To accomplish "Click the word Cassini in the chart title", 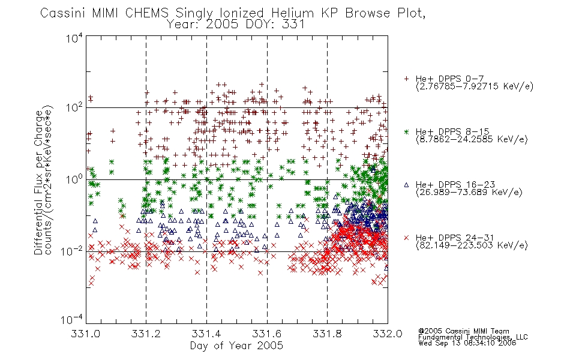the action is (x=62, y=13).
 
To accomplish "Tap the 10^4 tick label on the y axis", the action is (x=74, y=38).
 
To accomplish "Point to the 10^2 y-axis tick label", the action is (x=74, y=108).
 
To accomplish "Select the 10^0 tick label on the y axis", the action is (x=74, y=179).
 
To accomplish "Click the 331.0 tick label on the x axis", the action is (x=86, y=334).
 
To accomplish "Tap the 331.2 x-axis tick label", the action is (x=146, y=334).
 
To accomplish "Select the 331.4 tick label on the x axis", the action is (x=206, y=334).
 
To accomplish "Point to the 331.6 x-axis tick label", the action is (x=267, y=334).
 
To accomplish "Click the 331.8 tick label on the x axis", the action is (x=327, y=334).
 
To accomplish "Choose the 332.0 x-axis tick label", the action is (x=388, y=334).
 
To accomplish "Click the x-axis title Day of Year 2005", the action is (x=236, y=346).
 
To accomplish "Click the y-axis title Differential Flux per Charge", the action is (x=38, y=182).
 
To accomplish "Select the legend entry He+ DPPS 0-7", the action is (x=449, y=79).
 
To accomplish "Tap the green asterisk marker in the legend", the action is (x=406, y=131).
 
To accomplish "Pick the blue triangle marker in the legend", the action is (x=406, y=185).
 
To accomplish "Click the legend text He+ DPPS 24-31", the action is (x=455, y=238).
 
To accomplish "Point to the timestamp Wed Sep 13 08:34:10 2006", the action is (x=467, y=343).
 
